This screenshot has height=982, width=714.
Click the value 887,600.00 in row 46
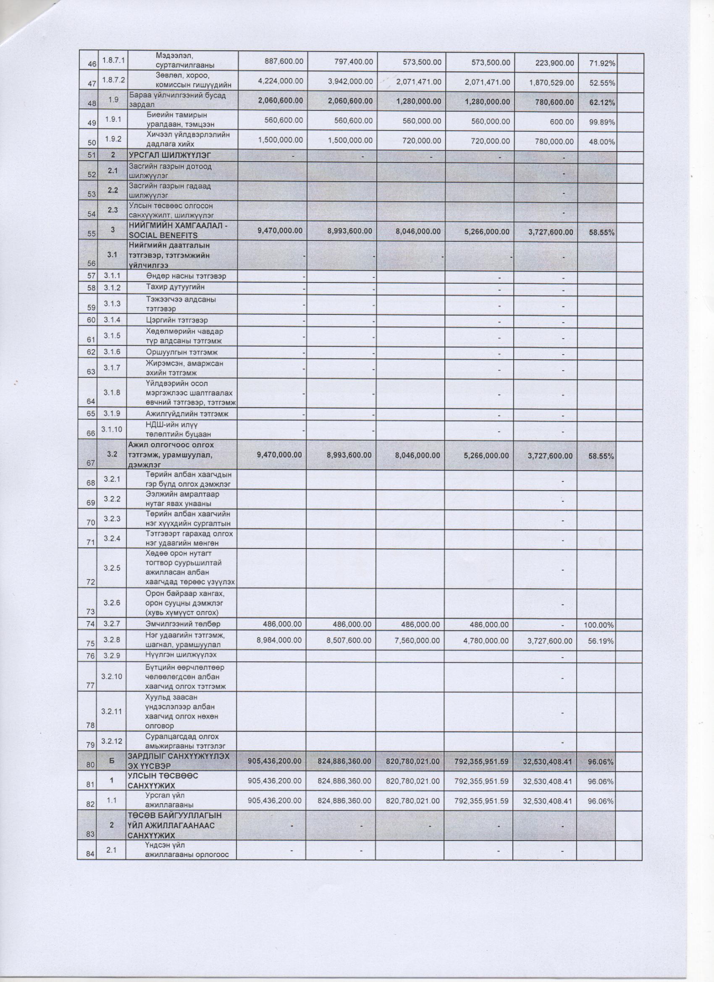click(x=284, y=62)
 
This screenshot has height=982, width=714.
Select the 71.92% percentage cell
click(x=602, y=64)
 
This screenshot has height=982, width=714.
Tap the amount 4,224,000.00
click(x=281, y=82)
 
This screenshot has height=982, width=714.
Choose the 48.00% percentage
click(x=602, y=141)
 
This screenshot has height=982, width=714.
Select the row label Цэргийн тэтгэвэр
click(x=177, y=320)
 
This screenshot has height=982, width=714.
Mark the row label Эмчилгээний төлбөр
click(x=183, y=624)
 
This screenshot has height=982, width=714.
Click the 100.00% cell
click(x=600, y=625)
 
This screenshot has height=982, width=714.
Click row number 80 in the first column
click(x=90, y=765)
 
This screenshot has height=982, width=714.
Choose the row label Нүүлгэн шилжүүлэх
click(x=181, y=655)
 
